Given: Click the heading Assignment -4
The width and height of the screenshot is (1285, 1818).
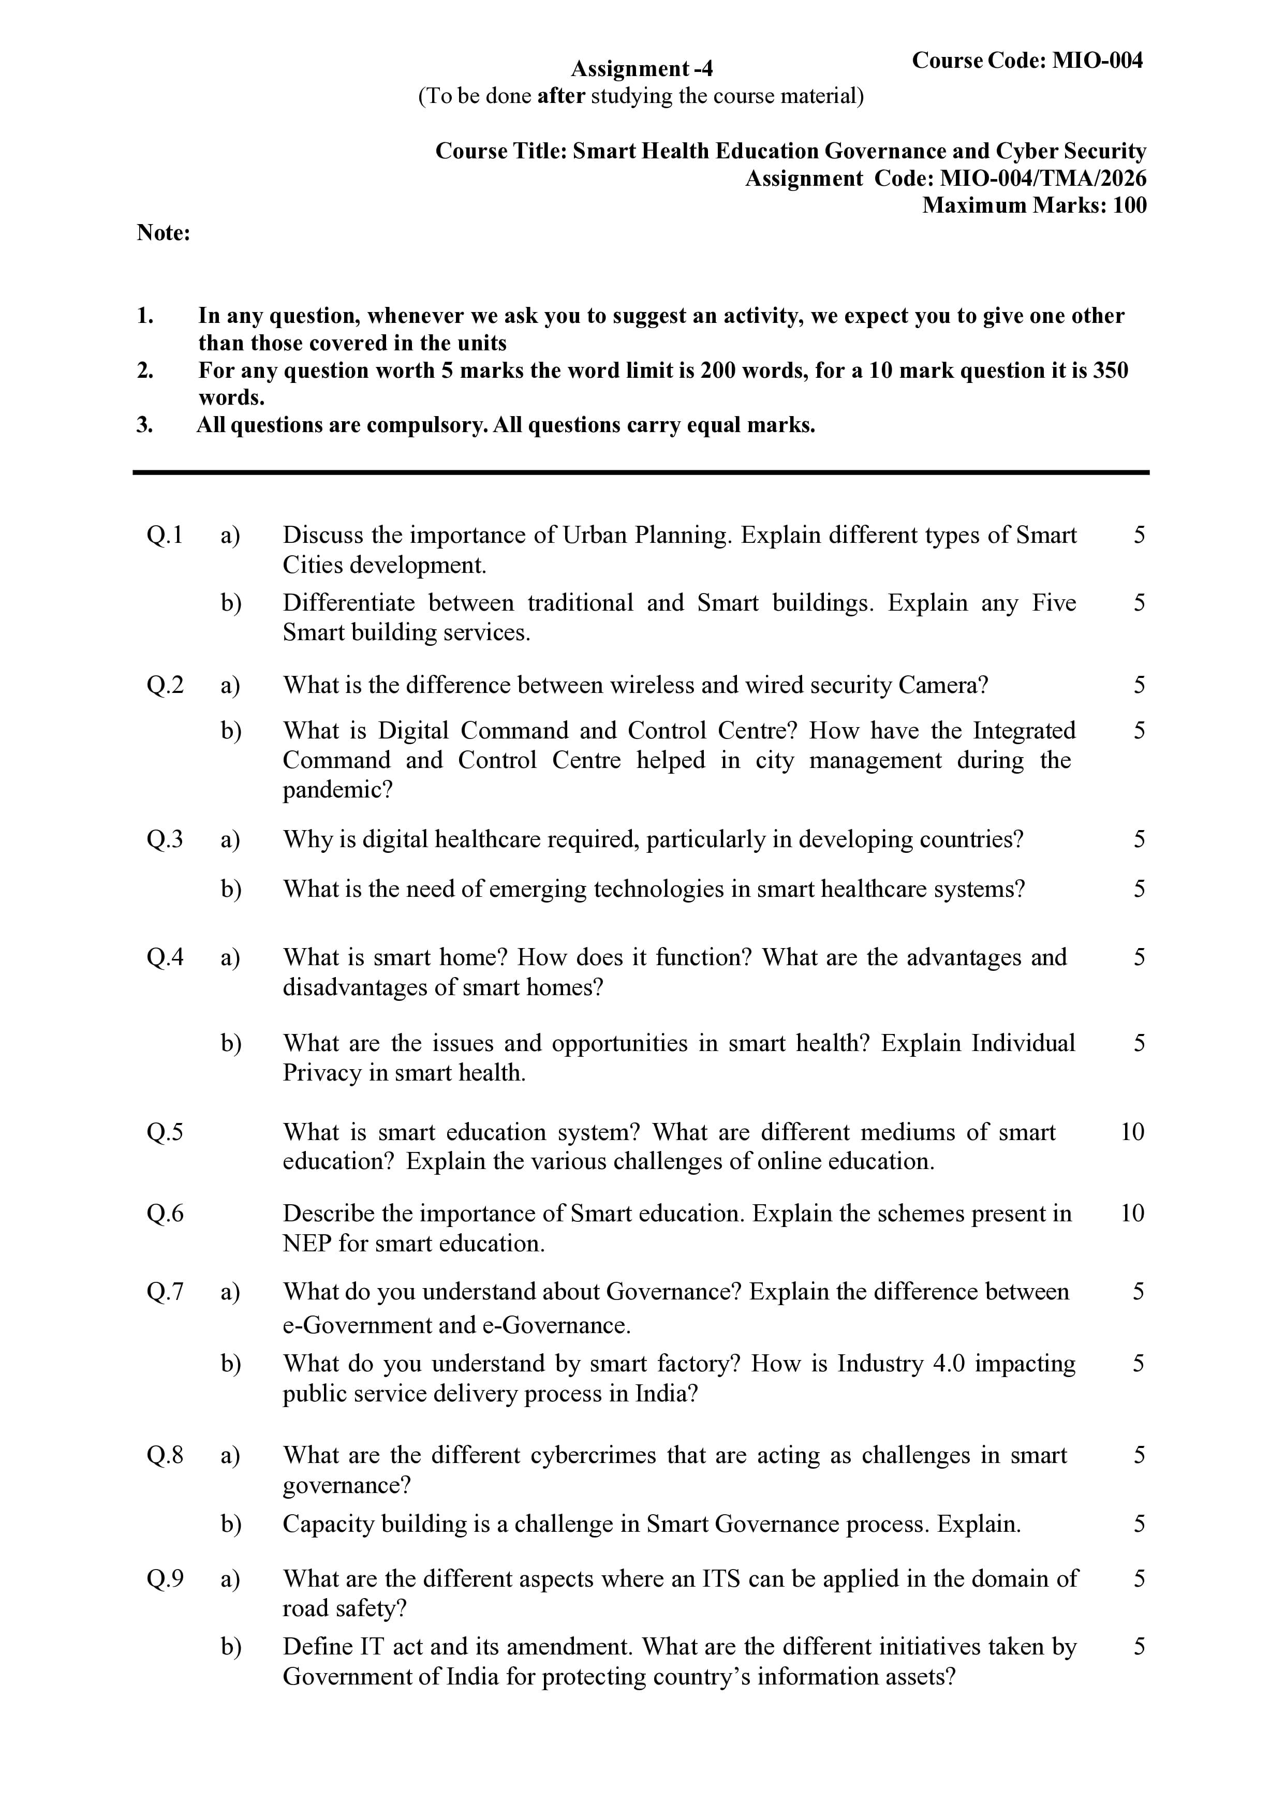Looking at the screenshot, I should (x=641, y=69).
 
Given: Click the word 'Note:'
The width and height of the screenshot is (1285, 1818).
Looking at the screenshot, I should (x=163, y=233).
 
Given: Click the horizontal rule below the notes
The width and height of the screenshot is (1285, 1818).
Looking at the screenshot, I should (x=641, y=472).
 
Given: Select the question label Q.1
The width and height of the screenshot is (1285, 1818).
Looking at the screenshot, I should (x=165, y=535).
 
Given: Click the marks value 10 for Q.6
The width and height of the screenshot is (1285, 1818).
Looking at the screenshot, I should (x=1132, y=1213).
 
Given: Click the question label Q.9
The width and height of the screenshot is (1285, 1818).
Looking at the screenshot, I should (x=165, y=1579).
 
